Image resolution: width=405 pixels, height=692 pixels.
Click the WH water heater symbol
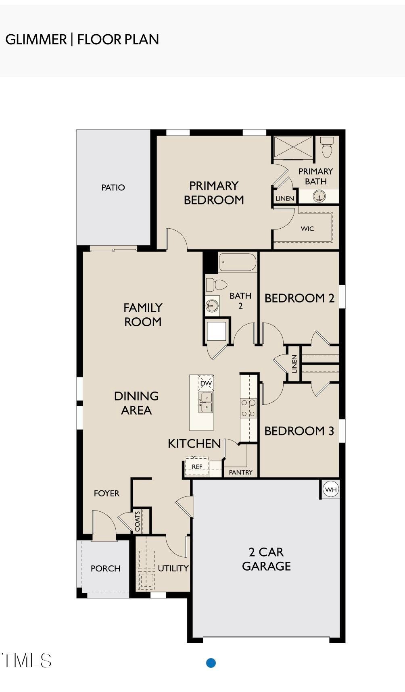tap(331, 490)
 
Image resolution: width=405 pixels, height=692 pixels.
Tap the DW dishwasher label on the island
tap(206, 383)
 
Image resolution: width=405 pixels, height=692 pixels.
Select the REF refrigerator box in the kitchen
tap(197, 467)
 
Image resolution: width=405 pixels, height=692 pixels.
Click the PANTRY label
tap(240, 472)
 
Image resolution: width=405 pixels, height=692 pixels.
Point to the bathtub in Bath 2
tap(238, 263)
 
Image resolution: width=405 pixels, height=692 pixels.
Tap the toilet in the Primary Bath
tap(327, 147)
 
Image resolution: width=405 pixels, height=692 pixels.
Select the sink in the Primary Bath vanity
tap(319, 197)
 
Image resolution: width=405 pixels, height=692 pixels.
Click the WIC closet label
tap(307, 229)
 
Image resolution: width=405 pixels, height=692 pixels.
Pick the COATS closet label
tap(138, 521)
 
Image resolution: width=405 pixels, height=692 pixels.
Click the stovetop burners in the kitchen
tap(248, 408)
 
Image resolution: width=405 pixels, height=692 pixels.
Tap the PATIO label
tap(113, 188)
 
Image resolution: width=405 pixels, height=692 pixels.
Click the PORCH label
tap(105, 569)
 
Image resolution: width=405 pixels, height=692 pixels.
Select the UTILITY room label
tap(173, 568)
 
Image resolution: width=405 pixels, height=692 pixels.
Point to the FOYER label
tap(106, 493)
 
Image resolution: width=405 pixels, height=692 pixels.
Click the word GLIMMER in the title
tap(36, 40)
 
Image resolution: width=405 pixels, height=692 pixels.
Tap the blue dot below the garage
tap(211, 663)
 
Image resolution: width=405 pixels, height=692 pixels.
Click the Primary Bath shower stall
tap(293, 147)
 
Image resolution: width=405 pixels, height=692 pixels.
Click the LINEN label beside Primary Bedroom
tap(285, 198)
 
